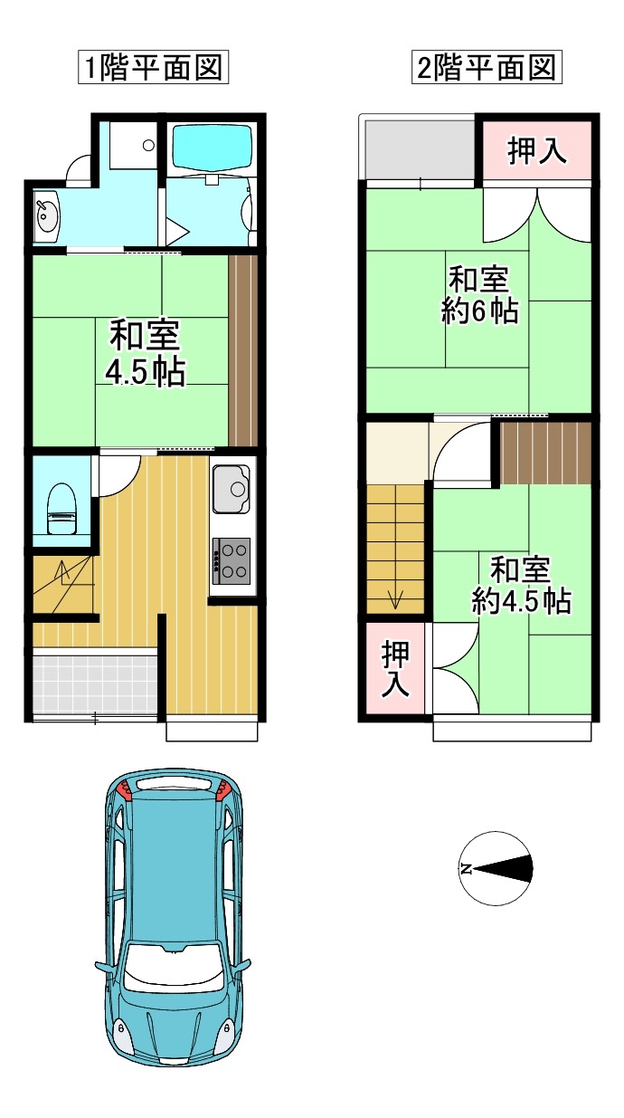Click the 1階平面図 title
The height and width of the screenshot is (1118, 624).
click(153, 67)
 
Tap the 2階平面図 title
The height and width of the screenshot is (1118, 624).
click(487, 67)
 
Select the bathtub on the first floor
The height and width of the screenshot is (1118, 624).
click(213, 147)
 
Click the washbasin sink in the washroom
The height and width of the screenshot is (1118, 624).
click(47, 216)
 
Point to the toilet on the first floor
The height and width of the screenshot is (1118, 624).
click(61, 508)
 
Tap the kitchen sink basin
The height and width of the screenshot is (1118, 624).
click(232, 489)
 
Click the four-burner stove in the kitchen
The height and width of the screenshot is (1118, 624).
click(232, 561)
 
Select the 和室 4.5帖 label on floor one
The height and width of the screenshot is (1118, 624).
click(146, 353)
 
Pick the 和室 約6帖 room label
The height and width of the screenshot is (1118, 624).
click(479, 295)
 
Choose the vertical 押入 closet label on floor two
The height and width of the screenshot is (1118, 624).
click(395, 668)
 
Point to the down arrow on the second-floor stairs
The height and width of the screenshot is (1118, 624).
click(395, 597)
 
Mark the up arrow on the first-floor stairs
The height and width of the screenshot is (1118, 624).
click(61, 572)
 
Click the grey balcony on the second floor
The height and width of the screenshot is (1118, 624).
click(420, 148)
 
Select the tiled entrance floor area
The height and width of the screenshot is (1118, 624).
click(95, 683)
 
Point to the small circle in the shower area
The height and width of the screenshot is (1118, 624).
click(148, 145)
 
